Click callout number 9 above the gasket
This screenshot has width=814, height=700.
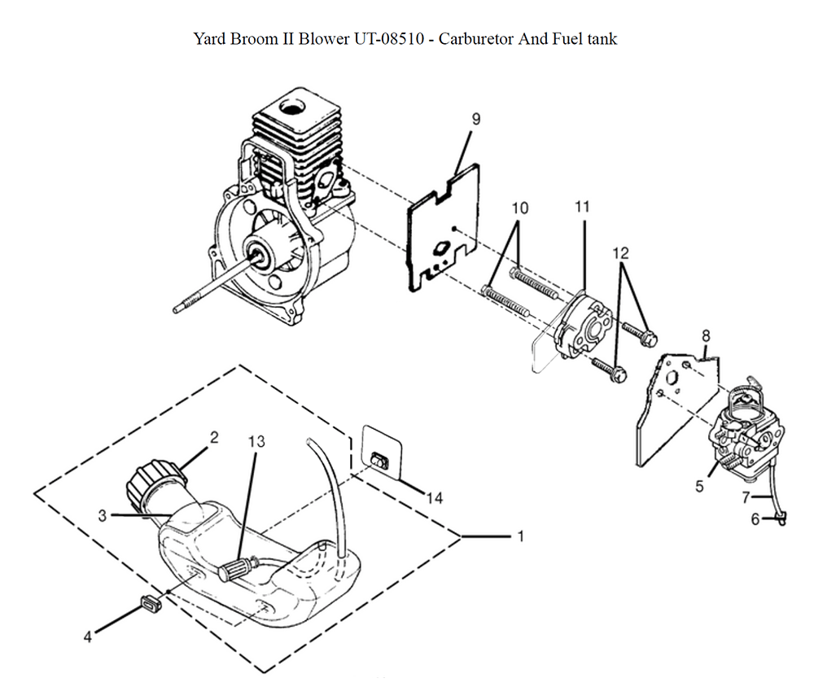[476, 119]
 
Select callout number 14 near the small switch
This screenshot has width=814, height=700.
[435, 498]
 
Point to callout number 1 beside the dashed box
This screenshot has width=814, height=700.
[519, 537]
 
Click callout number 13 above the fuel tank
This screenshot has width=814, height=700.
[256, 442]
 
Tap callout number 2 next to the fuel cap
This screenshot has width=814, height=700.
[213, 438]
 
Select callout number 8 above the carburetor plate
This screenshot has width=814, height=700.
[705, 335]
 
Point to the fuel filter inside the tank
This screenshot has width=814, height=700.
[238, 567]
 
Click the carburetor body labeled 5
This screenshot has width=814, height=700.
[737, 431]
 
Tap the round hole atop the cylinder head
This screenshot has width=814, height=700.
[291, 107]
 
